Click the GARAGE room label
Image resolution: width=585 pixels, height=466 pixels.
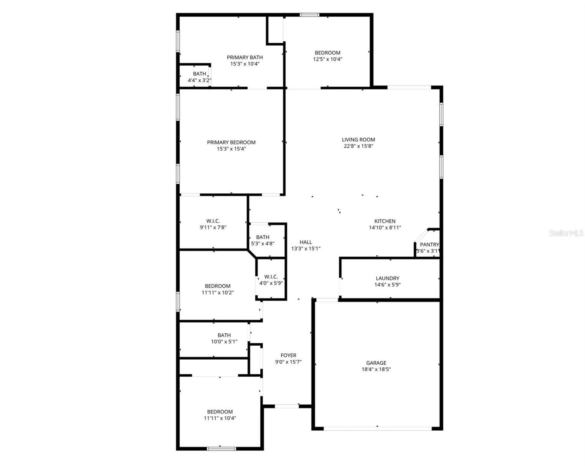click(x=376, y=363)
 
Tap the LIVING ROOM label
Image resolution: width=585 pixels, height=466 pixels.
click(x=358, y=139)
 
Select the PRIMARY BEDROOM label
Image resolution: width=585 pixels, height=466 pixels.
click(x=231, y=142)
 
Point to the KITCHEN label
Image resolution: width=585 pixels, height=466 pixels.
click(x=385, y=221)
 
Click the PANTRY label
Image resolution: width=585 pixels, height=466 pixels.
click(x=429, y=245)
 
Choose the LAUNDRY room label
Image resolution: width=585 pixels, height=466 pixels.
click(x=387, y=278)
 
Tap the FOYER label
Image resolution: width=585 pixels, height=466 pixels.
click(x=288, y=355)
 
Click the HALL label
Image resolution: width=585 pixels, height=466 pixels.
click(x=306, y=242)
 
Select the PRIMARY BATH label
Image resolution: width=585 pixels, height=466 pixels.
click(x=245, y=57)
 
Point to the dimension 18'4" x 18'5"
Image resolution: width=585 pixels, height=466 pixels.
click(x=376, y=369)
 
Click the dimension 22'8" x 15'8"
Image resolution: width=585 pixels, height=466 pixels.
click(x=358, y=146)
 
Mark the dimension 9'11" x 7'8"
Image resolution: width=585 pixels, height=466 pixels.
click(x=213, y=228)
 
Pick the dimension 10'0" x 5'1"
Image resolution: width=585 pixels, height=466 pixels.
click(x=224, y=342)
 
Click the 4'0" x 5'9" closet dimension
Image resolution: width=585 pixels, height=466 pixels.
click(x=271, y=283)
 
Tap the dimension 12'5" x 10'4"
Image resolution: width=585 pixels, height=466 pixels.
click(x=327, y=59)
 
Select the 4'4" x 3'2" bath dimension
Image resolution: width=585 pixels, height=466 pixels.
click(x=199, y=80)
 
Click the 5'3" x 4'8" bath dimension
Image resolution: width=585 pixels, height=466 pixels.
click(x=263, y=243)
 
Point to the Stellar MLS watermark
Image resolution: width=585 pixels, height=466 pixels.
click(x=566, y=233)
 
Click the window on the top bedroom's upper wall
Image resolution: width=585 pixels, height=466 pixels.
click(x=310, y=15)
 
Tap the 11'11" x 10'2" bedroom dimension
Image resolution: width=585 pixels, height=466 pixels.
click(x=218, y=293)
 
